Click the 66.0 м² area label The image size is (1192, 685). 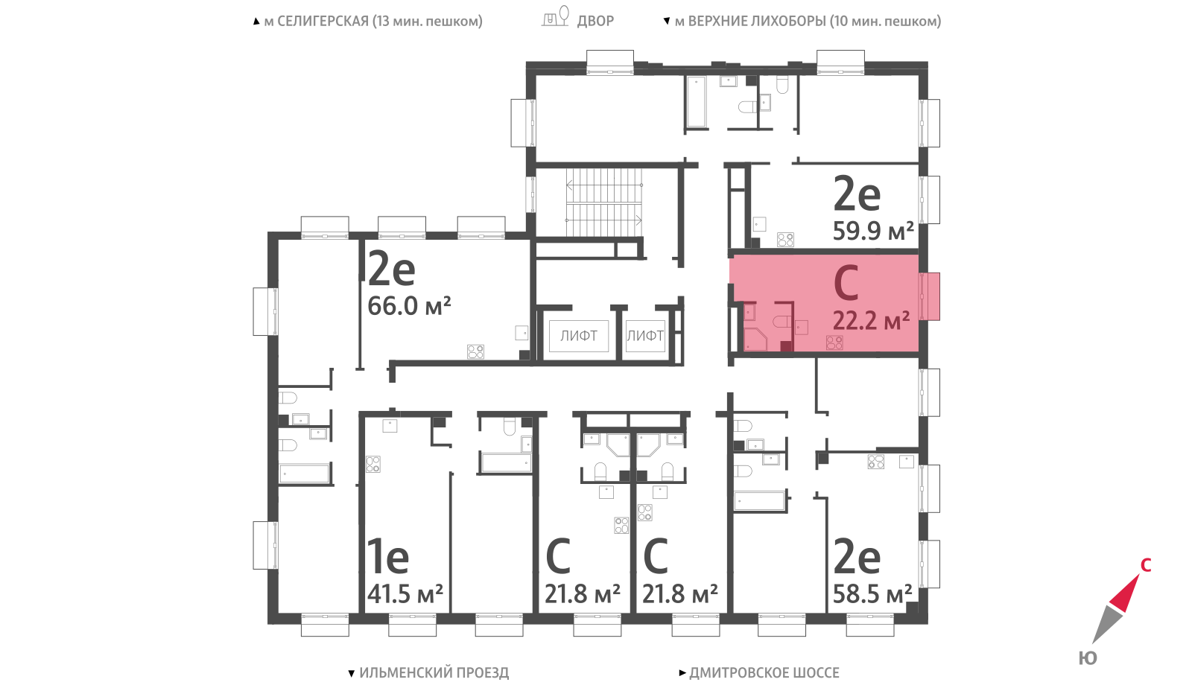(409, 306)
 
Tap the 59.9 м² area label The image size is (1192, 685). (873, 231)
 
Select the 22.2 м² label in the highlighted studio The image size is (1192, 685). (871, 321)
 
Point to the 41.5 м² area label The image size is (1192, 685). (405, 593)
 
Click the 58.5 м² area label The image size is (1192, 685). (872, 593)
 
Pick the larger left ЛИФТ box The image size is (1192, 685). (578, 336)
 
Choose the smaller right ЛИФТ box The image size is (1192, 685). (645, 336)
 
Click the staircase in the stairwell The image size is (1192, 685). (604, 202)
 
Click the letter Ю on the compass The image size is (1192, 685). (1088, 658)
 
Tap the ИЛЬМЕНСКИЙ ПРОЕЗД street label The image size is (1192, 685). (434, 673)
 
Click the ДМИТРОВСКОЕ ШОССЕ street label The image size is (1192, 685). (764, 673)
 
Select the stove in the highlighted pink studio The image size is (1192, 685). (834, 343)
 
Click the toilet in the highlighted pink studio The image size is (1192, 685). (782, 322)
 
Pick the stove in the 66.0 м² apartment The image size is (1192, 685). (476, 351)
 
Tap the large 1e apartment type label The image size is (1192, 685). (388, 556)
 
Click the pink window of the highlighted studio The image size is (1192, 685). (930, 296)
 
